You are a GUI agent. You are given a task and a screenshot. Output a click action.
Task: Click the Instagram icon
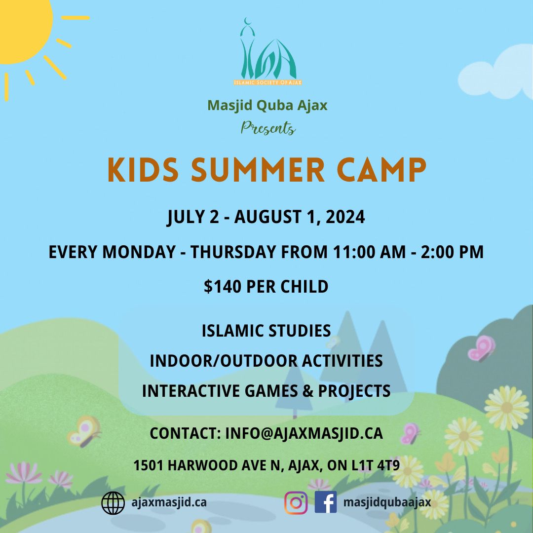tap(296, 502)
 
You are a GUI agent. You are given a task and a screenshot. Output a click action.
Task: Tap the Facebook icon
tap(325, 502)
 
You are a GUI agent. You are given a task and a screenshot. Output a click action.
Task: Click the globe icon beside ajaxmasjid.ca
tap(113, 503)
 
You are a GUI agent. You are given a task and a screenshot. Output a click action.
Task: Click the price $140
tap(221, 286)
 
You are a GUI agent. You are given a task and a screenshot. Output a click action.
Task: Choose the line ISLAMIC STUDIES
tap(266, 331)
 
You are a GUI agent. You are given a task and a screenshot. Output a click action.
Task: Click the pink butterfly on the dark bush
tap(481, 348)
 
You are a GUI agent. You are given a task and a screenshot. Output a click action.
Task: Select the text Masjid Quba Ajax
tap(267, 105)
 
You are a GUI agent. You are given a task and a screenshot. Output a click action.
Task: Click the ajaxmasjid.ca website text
tap(169, 502)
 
